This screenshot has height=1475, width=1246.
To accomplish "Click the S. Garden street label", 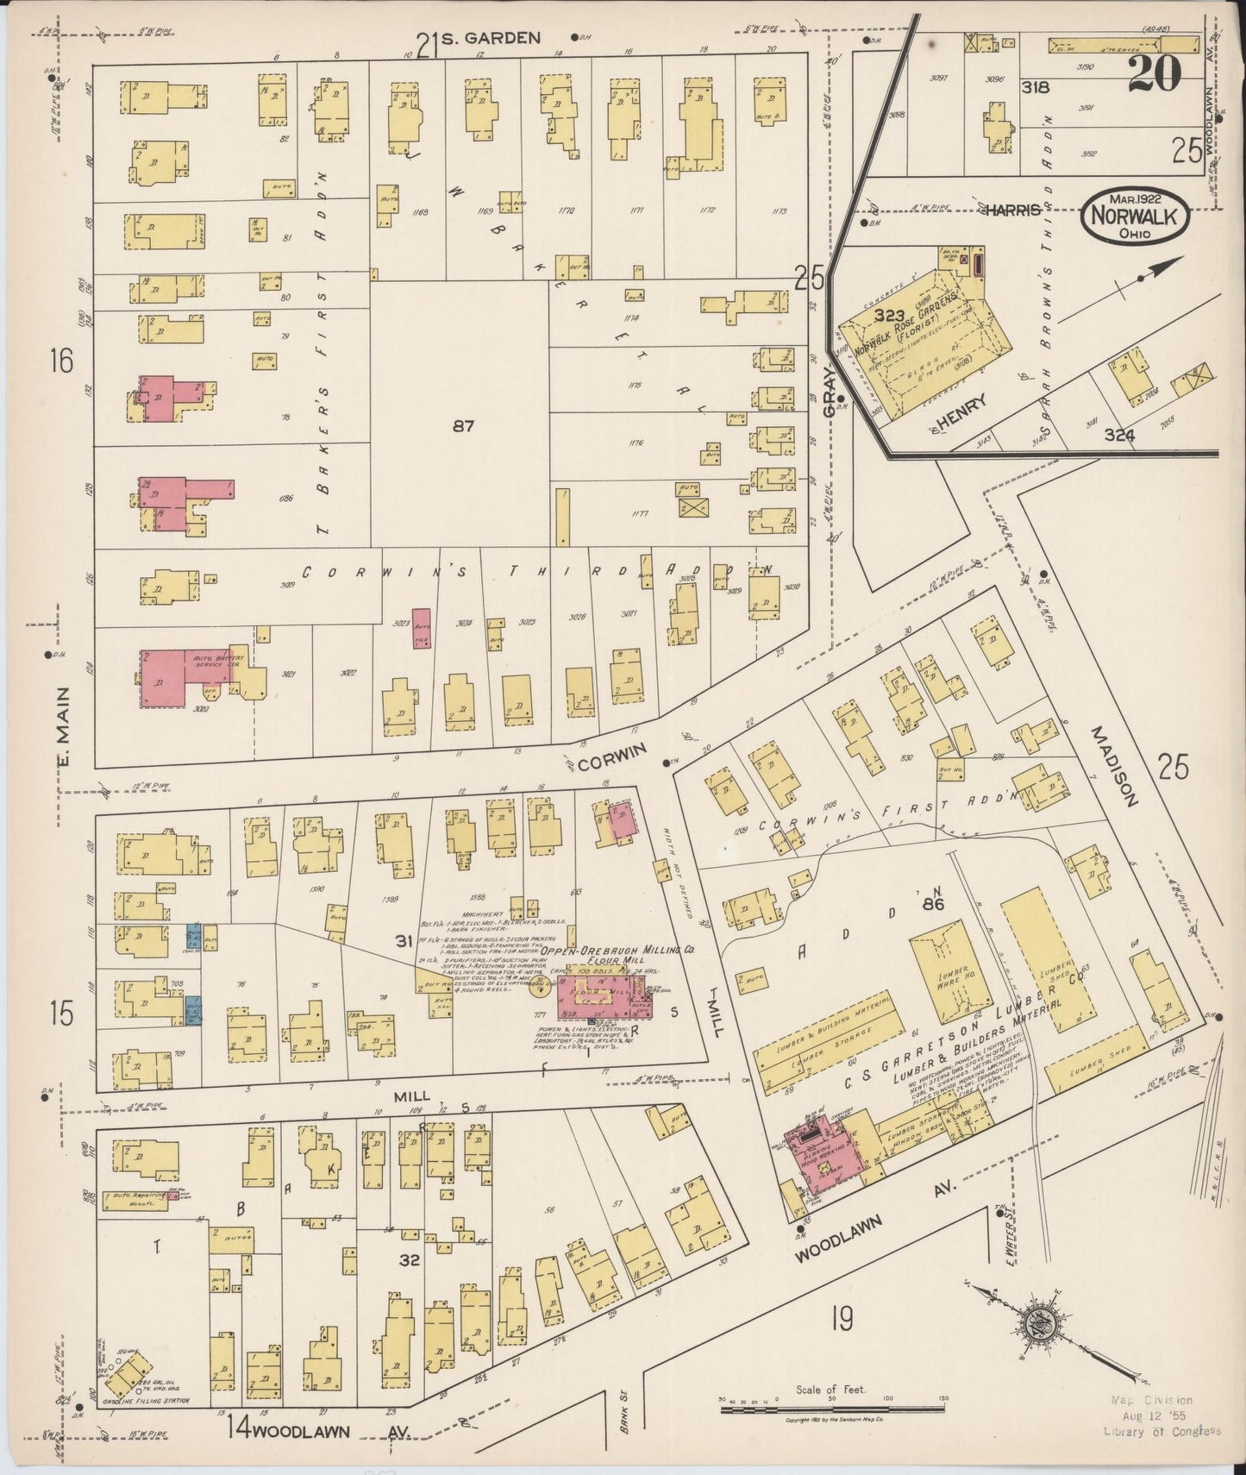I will click(x=490, y=38).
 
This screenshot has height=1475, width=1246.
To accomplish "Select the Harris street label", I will click(x=1011, y=210).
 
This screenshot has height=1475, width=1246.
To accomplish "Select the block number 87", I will click(x=463, y=425).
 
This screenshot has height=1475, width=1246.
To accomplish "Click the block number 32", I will click(x=409, y=1260).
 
